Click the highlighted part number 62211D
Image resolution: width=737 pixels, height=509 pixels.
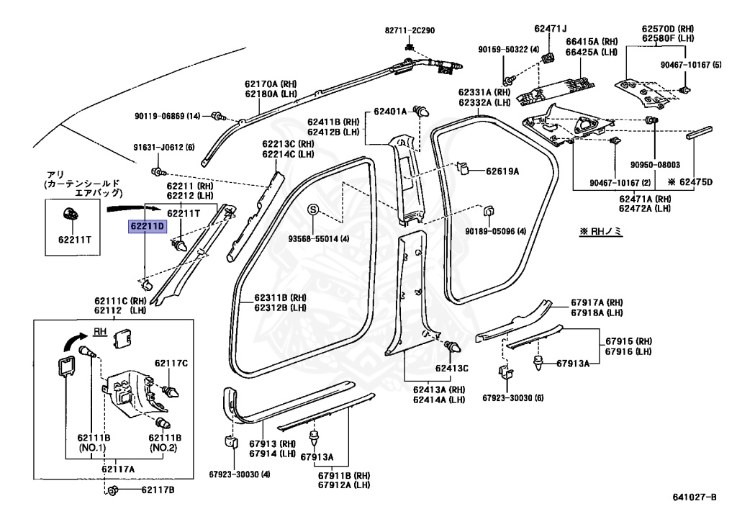(x=148, y=226)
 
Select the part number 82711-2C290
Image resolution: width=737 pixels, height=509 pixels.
(x=410, y=31)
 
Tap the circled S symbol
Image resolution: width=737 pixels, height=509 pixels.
(x=313, y=210)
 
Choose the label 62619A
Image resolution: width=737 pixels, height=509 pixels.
(x=502, y=171)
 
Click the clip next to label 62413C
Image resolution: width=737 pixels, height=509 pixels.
(x=453, y=348)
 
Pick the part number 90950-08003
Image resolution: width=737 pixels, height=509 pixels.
(x=656, y=164)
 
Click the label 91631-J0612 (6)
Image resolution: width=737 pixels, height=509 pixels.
(x=163, y=148)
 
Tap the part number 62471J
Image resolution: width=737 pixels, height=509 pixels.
(x=552, y=29)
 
